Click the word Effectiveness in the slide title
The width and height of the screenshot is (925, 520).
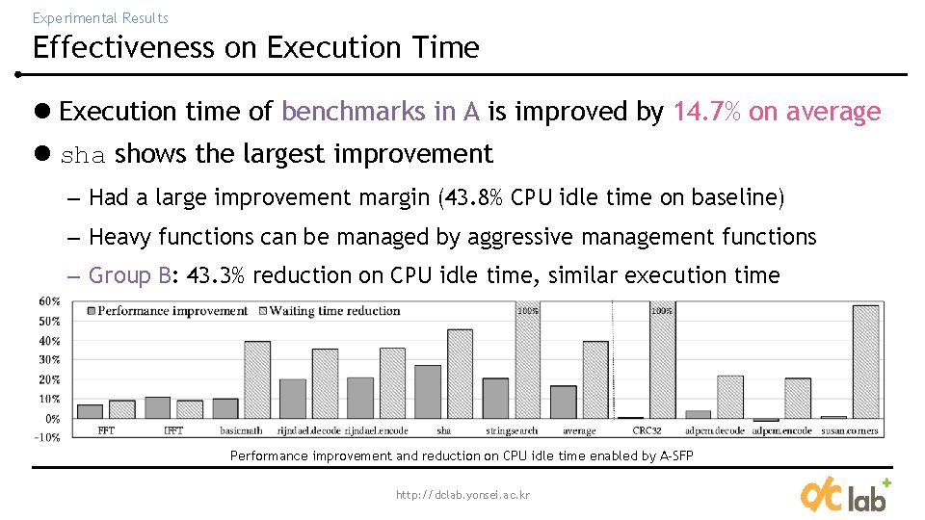[x=124, y=47]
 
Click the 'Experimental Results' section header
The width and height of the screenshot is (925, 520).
[x=100, y=17]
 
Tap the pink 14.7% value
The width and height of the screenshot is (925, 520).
[x=707, y=112]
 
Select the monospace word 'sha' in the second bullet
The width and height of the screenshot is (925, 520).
[x=84, y=155]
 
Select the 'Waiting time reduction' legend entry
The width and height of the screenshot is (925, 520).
[x=333, y=310]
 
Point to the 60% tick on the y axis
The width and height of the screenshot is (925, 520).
[x=48, y=301]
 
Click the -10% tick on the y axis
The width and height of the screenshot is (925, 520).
[x=48, y=437]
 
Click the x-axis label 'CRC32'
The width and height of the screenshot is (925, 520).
[x=647, y=430]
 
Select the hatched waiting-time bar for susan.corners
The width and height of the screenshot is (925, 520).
[x=864, y=361]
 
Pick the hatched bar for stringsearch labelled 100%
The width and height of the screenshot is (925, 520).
[x=527, y=361]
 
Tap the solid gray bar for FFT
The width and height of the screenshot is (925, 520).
[x=90, y=411]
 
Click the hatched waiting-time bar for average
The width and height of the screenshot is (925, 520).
[x=595, y=379]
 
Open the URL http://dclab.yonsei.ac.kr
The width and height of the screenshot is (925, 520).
[x=462, y=495]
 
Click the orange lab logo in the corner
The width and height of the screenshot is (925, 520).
[x=845, y=494]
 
